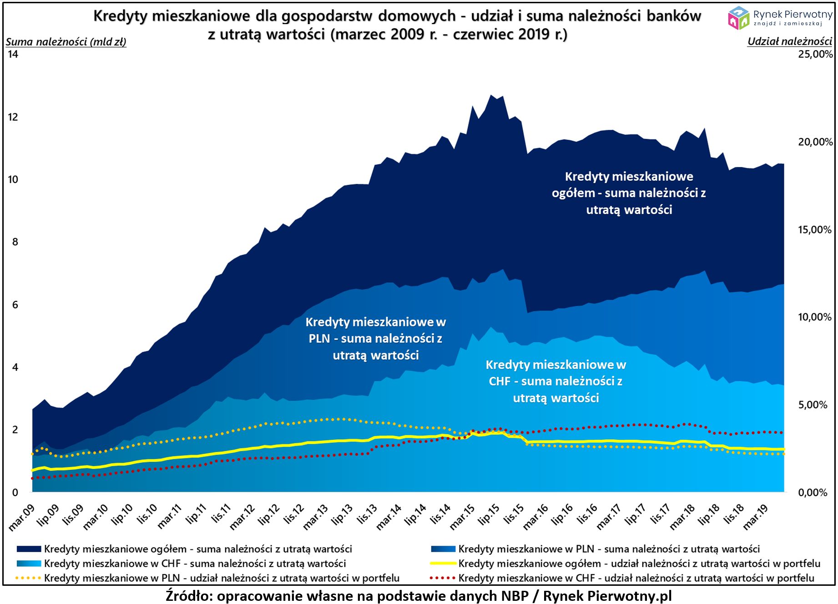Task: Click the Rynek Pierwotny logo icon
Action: pyautogui.click(x=738, y=18)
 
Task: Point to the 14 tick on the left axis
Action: pyautogui.click(x=13, y=54)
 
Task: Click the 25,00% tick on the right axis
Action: pyautogui.click(x=815, y=54)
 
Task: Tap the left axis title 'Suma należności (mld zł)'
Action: pyautogui.click(x=66, y=42)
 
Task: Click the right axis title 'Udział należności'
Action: pyautogui.click(x=789, y=41)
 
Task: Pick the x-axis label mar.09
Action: pyautogui.click(x=22, y=518)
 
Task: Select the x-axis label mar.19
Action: pyautogui.click(x=756, y=517)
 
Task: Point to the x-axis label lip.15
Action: pyautogui.click(x=489, y=514)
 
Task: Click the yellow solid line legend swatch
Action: pyautogui.click(x=443, y=563)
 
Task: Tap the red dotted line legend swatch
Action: pyautogui.click(x=443, y=578)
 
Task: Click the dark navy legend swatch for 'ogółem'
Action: pyautogui.click(x=29, y=549)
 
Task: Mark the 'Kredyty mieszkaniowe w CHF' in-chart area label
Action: pyautogui.click(x=555, y=381)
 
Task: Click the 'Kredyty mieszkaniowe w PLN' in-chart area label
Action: pyautogui.click(x=375, y=339)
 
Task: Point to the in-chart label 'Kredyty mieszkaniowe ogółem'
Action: pyautogui.click(x=629, y=193)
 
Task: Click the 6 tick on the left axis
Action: pyautogui.click(x=15, y=305)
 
